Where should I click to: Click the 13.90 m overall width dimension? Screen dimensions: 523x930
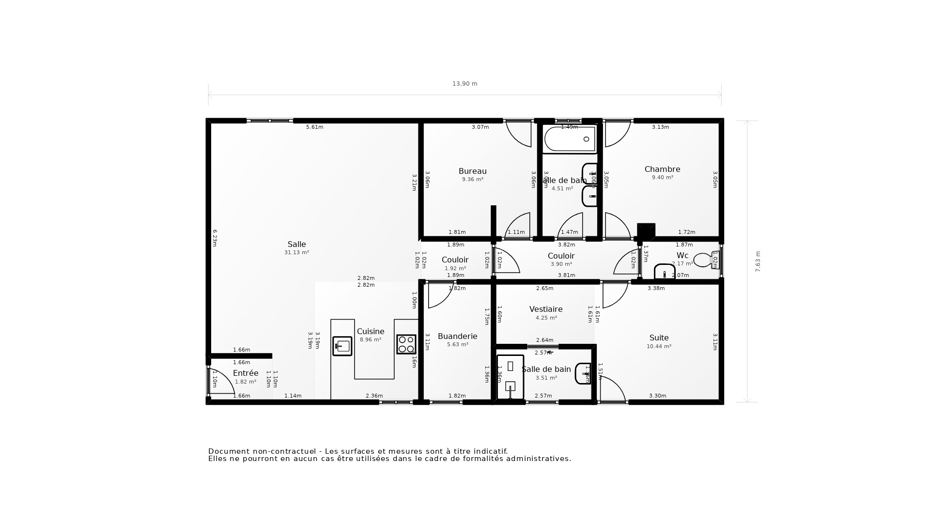465,84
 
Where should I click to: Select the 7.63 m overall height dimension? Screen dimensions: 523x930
758,261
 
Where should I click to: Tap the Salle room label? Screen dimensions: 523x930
296,245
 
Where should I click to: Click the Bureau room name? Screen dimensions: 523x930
472,171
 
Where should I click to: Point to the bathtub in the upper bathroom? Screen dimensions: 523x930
569,139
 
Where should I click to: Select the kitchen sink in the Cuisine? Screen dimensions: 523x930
342,346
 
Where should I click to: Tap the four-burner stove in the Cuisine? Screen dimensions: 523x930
406,344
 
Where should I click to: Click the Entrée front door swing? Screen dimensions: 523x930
221,381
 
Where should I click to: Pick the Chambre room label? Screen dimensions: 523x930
662,169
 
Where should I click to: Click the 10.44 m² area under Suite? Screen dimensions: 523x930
659,347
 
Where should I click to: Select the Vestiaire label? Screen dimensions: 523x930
546,309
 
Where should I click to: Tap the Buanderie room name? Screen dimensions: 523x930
457,336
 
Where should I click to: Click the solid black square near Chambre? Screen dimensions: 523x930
646,231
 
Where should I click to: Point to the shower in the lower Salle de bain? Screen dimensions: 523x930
510,377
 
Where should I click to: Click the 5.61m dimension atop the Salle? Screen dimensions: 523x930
314,127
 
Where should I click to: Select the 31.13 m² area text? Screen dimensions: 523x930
296,253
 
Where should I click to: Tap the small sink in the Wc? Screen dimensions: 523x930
665,272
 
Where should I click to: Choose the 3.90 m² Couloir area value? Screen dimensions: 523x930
561,264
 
